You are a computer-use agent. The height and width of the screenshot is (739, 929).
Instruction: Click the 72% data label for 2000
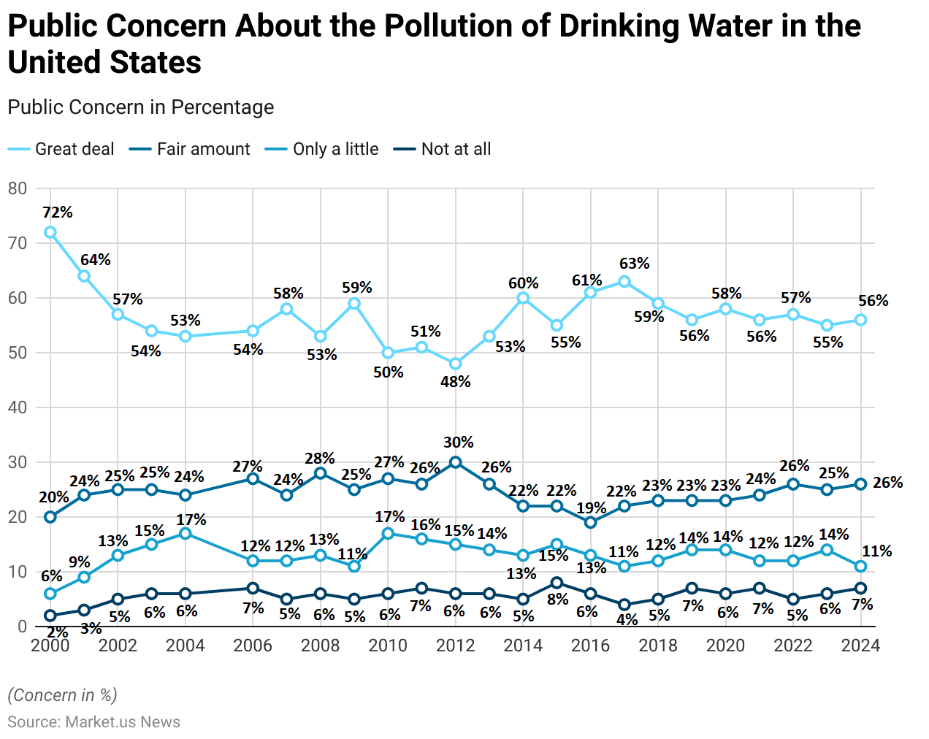tap(58, 212)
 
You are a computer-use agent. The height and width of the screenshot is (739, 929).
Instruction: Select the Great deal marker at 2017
tap(624, 281)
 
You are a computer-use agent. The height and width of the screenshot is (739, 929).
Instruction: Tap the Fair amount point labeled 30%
tap(456, 462)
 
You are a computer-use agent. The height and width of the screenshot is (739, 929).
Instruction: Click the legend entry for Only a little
tap(335, 149)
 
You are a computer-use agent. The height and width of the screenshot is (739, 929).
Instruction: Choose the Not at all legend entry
tap(456, 149)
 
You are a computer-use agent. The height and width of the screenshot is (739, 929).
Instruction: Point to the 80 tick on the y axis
tap(18, 188)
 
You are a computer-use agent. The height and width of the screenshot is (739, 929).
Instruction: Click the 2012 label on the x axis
tap(456, 646)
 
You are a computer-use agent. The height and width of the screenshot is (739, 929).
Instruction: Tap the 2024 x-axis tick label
tap(860, 646)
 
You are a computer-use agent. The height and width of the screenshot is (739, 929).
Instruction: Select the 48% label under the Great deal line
tap(456, 381)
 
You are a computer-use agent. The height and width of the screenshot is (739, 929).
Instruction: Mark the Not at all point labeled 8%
tap(557, 583)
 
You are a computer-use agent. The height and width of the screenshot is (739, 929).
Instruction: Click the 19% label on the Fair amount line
tap(592, 508)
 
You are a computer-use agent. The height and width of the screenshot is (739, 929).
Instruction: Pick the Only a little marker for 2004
tap(186, 534)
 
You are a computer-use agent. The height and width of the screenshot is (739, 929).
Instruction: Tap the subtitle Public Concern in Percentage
tap(141, 107)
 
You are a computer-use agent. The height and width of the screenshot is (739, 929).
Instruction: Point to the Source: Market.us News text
tap(93, 721)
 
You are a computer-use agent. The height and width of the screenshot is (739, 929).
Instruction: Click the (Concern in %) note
tap(62, 694)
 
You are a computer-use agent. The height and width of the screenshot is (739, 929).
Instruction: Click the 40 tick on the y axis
tap(18, 407)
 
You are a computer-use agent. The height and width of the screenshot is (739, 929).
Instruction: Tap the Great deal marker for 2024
tap(860, 320)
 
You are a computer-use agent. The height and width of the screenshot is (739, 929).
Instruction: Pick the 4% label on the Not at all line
tap(627, 619)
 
